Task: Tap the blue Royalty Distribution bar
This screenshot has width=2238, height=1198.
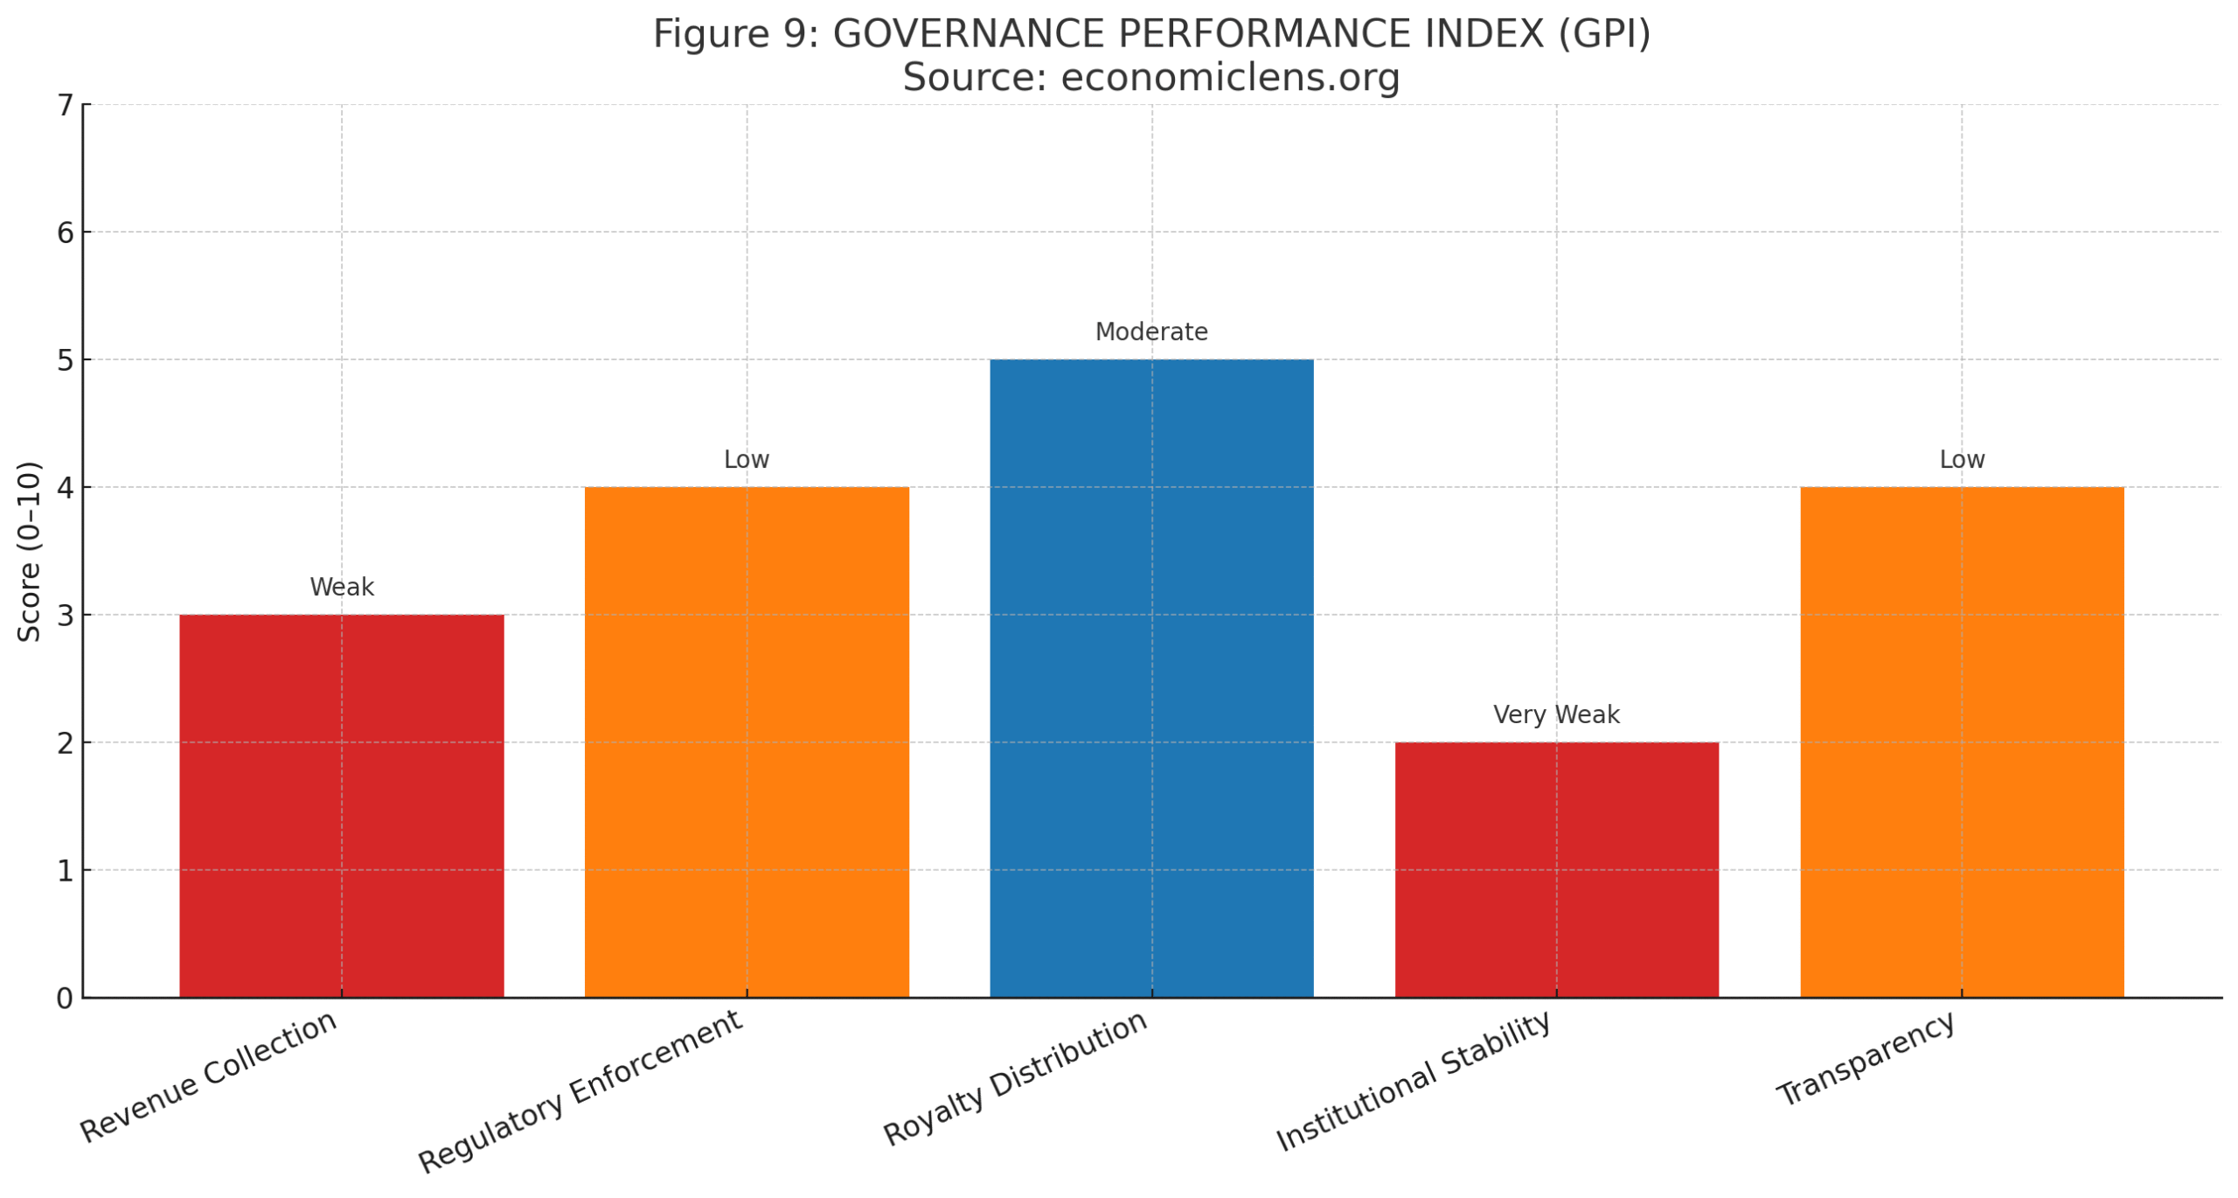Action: (1150, 678)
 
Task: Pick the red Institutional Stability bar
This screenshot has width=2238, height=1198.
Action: (1555, 869)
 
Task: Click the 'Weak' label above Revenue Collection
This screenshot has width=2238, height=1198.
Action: (341, 587)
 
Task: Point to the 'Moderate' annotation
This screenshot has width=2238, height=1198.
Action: (1150, 332)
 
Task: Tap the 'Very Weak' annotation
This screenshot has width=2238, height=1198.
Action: (1555, 714)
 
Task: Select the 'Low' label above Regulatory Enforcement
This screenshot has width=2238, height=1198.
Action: (746, 459)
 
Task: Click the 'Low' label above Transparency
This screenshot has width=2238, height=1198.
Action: (1961, 459)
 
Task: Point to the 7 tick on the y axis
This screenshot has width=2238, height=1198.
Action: (65, 106)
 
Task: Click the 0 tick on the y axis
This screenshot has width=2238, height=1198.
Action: (65, 998)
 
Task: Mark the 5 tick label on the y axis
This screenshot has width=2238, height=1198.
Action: (65, 360)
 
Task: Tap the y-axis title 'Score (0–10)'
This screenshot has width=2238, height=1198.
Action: (30, 551)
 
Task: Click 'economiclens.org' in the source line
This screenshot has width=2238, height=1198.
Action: (1229, 77)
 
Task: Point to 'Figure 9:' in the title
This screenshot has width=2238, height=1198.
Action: (735, 35)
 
